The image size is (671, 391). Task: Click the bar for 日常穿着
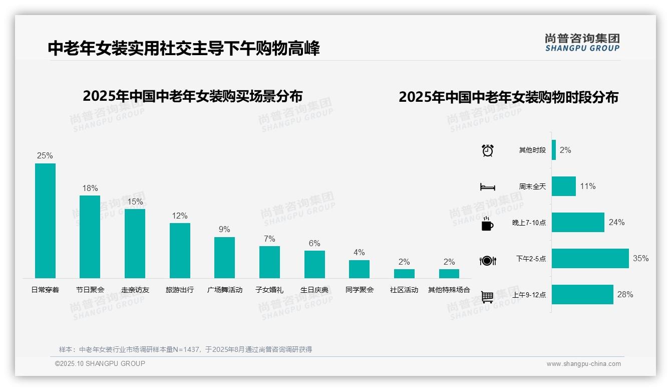45,221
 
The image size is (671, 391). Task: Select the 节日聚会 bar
90,237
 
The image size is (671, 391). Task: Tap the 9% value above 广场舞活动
224,229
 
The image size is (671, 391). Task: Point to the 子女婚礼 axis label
269,290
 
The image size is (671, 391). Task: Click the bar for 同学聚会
359,269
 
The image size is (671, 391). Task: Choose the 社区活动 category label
404,290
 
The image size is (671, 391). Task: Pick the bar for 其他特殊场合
449,274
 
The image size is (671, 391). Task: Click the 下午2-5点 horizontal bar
590,259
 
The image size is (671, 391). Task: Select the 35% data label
640,259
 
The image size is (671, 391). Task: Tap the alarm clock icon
488,150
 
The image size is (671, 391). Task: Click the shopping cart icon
487,297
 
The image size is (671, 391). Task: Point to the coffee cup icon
487,224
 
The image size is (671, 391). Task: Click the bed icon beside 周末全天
487,187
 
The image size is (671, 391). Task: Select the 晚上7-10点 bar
578,223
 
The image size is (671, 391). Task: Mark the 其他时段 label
532,150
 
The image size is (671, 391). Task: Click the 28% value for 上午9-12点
625,295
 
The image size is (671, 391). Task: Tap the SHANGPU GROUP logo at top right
582,43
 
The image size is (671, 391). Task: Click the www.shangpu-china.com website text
583,364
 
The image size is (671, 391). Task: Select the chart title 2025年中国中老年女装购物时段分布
508,97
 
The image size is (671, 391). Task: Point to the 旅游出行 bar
180,251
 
